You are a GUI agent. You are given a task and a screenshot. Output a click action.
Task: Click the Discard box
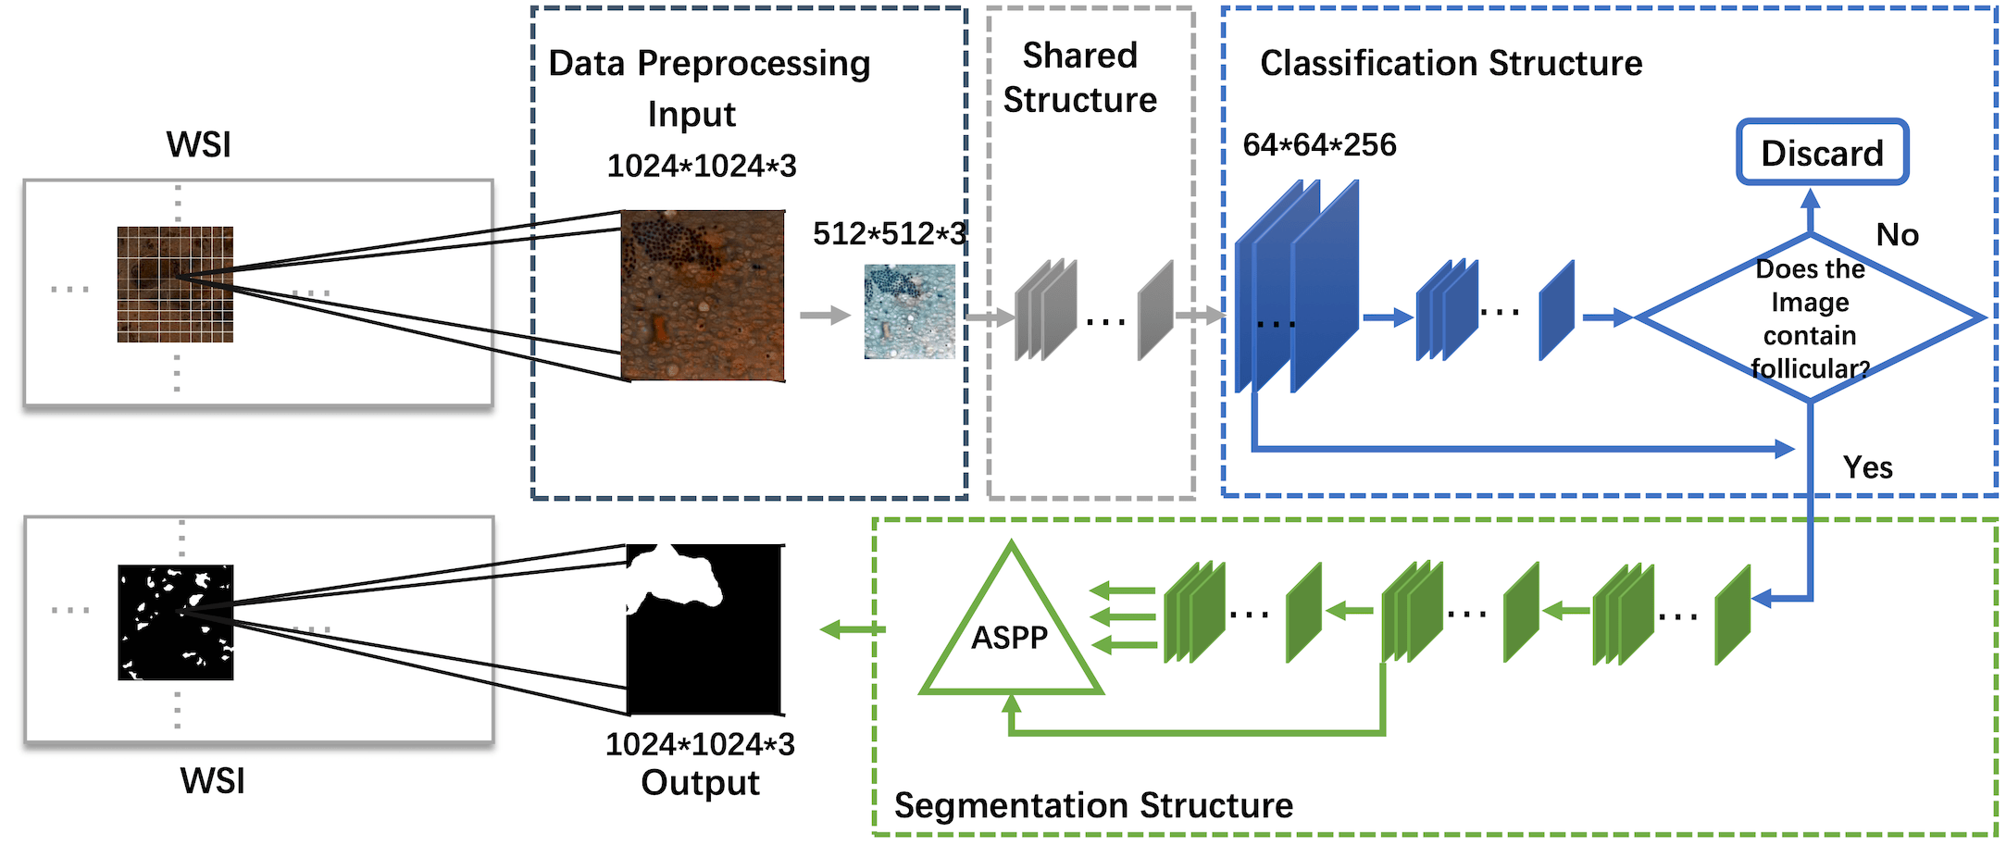point(1822,152)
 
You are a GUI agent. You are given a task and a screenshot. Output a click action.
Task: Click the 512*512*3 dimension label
point(889,233)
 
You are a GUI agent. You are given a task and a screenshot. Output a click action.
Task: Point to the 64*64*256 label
point(1319,144)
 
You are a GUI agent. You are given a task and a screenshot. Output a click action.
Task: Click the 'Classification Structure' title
point(1451,63)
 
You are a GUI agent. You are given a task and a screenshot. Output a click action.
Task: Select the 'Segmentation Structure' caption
point(1093,805)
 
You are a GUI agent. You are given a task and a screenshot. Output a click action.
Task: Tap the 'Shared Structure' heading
point(1080,77)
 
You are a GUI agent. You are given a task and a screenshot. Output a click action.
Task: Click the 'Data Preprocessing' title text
point(709,63)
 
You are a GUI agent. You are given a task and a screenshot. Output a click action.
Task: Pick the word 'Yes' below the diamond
point(1867,467)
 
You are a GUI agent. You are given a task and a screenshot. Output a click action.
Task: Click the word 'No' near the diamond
point(1897,235)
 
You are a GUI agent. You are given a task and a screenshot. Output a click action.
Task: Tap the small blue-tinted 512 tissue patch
point(910,312)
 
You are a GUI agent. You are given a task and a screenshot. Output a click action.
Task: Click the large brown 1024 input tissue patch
point(704,295)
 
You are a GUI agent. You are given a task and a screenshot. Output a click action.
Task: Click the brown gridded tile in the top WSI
point(175,284)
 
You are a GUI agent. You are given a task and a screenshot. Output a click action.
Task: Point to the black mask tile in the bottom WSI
point(176,622)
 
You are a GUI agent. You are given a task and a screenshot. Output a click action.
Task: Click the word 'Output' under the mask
point(700,783)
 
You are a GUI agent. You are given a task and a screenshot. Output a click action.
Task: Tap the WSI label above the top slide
point(198,145)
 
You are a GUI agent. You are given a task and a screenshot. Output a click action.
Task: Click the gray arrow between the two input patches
point(826,316)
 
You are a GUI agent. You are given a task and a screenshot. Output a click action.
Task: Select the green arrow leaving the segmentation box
point(853,630)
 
